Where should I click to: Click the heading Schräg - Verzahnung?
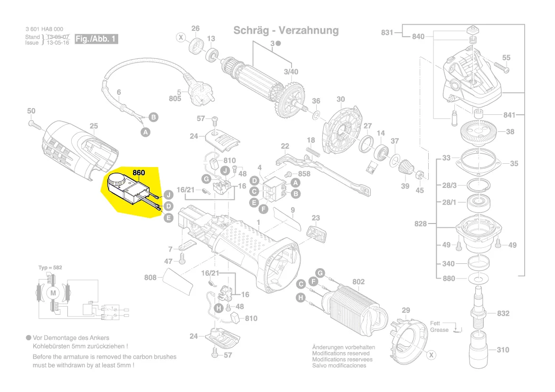[286, 30]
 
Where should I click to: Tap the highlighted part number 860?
[139, 173]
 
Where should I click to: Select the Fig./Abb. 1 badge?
[96, 39]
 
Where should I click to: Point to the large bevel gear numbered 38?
[483, 131]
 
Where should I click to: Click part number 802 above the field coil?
[358, 282]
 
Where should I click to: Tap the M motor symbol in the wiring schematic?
[53, 293]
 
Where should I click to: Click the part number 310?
[503, 350]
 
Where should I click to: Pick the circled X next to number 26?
[181, 37]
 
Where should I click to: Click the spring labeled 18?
[311, 151]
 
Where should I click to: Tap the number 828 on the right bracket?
[421, 224]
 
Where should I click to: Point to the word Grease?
[439, 330]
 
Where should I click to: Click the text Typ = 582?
[50, 268]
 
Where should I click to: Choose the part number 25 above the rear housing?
[94, 126]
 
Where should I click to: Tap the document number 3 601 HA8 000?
[44, 29]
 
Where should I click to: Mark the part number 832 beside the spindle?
[503, 313]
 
